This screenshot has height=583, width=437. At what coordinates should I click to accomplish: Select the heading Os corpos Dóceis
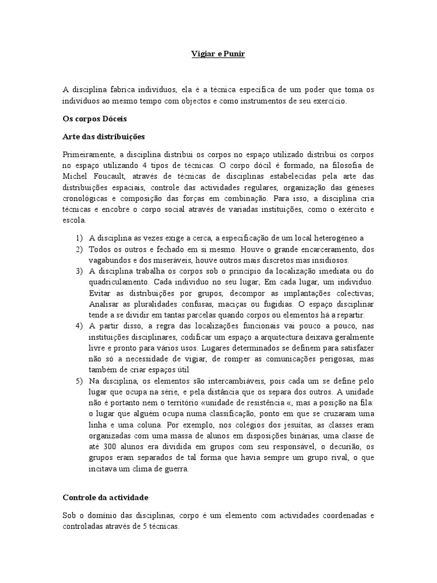click(x=94, y=120)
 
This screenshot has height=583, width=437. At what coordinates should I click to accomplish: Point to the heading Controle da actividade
click(x=105, y=497)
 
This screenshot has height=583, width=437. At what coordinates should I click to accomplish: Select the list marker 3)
click(x=79, y=270)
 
